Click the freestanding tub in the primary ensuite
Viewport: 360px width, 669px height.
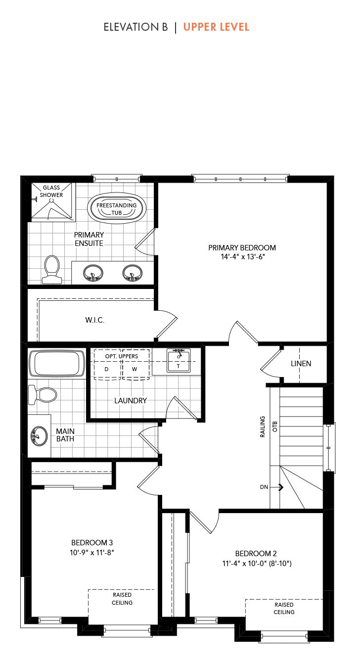[x=117, y=208]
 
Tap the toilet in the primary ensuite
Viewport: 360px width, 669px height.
[x=52, y=269]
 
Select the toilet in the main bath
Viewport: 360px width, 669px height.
[x=43, y=394]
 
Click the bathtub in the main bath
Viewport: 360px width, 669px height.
[x=57, y=364]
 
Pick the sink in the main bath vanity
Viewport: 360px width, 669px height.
[x=39, y=436]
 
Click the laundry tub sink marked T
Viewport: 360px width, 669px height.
[x=179, y=361]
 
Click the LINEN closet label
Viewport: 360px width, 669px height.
[x=301, y=364]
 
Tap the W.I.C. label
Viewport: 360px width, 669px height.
[x=94, y=320]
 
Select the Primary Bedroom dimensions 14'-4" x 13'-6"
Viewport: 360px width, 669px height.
[x=243, y=256]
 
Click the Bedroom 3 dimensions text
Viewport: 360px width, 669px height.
[x=92, y=553]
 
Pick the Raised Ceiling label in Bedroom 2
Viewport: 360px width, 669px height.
[x=284, y=608]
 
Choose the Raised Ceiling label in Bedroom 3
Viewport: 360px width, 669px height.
[x=122, y=599]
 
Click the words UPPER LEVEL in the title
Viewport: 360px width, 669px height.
[x=216, y=27]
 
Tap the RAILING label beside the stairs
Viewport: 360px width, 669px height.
[x=263, y=427]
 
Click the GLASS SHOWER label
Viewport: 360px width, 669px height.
[x=51, y=191]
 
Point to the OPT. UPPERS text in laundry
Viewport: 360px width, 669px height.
[x=122, y=356]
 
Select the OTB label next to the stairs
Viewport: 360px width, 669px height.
[x=275, y=427]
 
